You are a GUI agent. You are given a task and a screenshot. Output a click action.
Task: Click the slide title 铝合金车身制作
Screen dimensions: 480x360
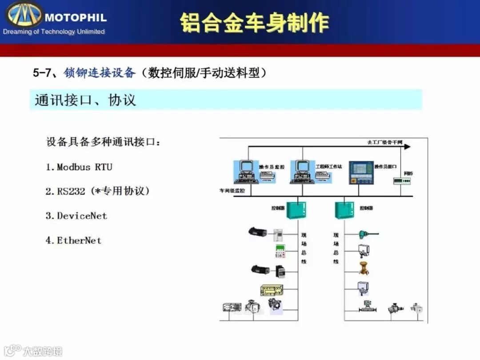coord(254,23)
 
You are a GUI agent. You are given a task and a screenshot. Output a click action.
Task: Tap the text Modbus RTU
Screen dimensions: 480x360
coord(84,167)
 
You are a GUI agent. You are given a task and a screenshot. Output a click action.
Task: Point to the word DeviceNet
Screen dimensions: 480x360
coord(82,216)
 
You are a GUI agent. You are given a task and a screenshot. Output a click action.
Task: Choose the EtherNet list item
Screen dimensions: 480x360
coord(79,240)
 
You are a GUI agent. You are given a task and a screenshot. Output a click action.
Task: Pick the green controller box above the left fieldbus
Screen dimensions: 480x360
coord(296,210)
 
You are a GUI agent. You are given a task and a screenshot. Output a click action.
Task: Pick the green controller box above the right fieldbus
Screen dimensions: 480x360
coord(344,210)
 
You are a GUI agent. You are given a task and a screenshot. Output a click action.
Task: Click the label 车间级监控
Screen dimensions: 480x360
coord(231,191)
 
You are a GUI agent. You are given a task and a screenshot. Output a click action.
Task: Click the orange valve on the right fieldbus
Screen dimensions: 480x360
coord(364,268)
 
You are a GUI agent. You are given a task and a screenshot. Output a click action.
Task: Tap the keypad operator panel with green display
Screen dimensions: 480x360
coord(280,251)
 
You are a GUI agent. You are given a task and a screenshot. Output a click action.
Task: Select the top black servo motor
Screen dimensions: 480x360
coord(258,232)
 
